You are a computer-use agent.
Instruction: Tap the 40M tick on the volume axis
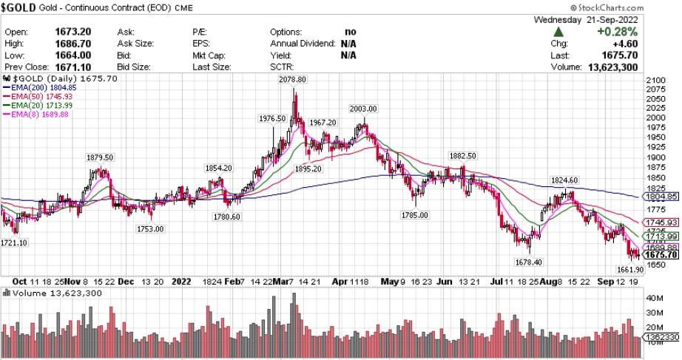[654, 299]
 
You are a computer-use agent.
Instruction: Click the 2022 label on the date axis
[182, 282]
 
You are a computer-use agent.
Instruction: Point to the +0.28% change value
[640, 33]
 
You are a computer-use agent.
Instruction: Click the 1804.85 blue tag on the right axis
[661, 197]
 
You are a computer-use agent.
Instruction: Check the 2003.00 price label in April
[363, 109]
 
